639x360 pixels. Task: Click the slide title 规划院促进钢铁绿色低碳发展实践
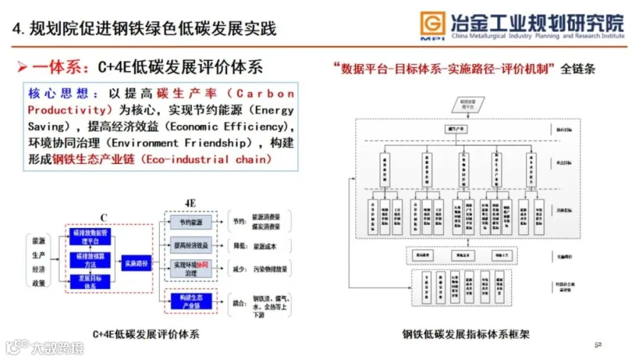click(153, 29)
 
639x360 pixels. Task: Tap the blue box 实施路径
click(136, 263)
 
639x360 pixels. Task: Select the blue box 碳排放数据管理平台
click(90, 237)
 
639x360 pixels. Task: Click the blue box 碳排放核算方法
click(90, 259)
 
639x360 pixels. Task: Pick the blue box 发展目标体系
click(90, 281)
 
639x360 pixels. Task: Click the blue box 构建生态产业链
click(190, 300)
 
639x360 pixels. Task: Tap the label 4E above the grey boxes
click(190, 203)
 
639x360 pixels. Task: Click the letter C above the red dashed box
click(103, 218)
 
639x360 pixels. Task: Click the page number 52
click(597, 344)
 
